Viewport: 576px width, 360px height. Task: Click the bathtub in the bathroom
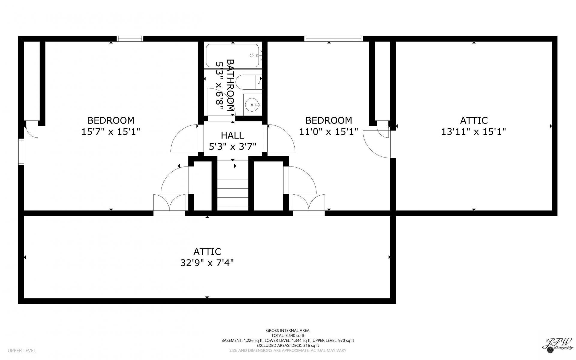tap(233, 55)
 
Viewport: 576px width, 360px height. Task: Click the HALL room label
tap(232, 135)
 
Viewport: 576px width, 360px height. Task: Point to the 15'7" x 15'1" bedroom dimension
tap(111, 131)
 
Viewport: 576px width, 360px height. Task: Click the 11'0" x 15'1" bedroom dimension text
tap(328, 131)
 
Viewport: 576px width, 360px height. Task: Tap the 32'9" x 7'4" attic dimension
tap(207, 263)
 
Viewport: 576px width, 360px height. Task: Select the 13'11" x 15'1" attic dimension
tap(474, 131)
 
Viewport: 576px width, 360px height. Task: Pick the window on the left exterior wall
tap(21, 152)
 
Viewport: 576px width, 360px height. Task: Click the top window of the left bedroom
tap(130, 39)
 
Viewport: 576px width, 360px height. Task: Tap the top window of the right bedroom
tap(334, 39)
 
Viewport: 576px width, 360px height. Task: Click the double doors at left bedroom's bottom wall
tap(169, 205)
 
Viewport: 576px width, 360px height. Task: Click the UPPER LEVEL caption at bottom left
tap(22, 350)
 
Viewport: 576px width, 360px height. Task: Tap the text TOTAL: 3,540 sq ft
tap(288, 336)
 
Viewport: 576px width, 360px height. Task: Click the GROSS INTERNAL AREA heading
tap(288, 331)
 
